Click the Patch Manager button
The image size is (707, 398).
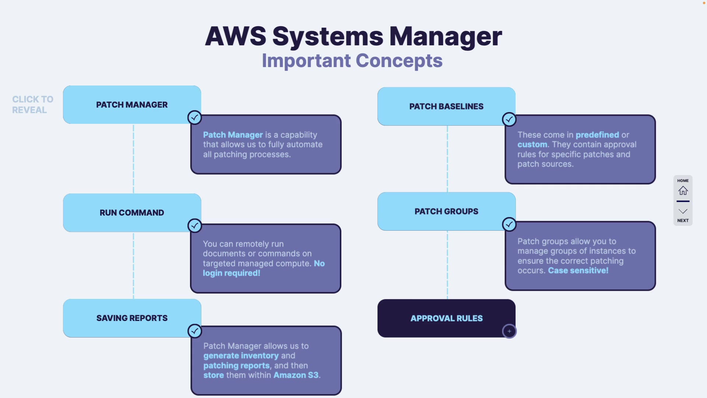point(132,105)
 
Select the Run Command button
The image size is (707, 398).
point(132,213)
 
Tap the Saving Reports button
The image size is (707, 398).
point(132,318)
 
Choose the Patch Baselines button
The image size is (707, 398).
point(446,107)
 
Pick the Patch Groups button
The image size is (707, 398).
point(446,212)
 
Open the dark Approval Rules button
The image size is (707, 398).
point(446,318)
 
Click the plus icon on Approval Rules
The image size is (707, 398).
point(509,331)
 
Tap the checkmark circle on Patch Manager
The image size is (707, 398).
point(194,118)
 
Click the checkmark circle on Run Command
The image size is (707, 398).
point(194,226)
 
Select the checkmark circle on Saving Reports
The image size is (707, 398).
point(194,331)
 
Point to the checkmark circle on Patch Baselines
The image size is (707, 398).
point(509,119)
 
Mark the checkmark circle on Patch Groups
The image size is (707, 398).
point(509,224)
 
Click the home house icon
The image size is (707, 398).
point(683,191)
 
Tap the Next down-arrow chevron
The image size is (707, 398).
point(683,212)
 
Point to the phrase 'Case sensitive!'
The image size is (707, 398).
point(578,270)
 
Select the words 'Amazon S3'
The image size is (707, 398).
point(296,375)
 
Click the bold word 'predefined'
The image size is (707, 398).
point(597,135)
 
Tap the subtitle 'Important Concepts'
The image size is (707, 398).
point(352,61)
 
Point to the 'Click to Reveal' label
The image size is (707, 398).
point(32,105)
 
